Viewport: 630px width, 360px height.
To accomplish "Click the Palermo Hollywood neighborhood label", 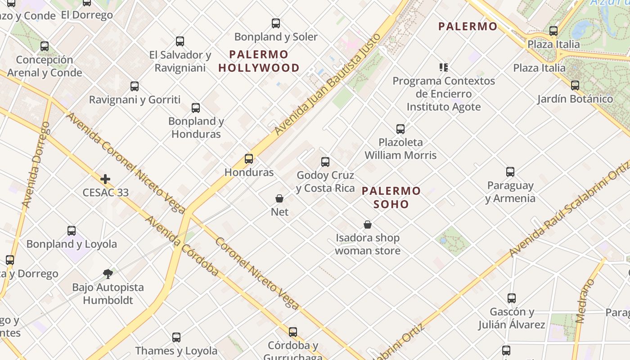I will tap(259, 61).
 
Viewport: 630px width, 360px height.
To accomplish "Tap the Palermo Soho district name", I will tap(391, 198).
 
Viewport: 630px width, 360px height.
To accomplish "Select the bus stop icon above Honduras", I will tap(249, 159).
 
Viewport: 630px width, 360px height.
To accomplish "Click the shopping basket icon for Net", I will tap(279, 198).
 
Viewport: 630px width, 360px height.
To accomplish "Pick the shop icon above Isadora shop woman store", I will tap(368, 225).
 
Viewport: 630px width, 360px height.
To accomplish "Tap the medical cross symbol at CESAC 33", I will tap(105, 179).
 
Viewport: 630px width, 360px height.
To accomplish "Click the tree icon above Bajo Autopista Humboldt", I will tap(108, 274).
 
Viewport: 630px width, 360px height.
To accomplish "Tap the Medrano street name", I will tap(585, 301).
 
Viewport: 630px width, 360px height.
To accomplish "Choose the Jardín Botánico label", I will tap(575, 99).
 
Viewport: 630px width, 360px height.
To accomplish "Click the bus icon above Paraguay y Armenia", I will tap(510, 172).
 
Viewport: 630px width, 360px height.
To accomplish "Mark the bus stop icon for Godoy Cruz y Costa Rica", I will tap(325, 162).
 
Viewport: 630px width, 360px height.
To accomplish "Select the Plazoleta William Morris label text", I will tap(400, 149).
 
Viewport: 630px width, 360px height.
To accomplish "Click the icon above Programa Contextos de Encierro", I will tap(444, 68).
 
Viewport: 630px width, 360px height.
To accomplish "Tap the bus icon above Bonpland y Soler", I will tap(276, 23).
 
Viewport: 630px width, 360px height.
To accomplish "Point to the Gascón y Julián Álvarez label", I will tap(512, 318).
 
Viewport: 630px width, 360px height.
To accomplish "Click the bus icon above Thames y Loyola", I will tap(176, 337).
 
